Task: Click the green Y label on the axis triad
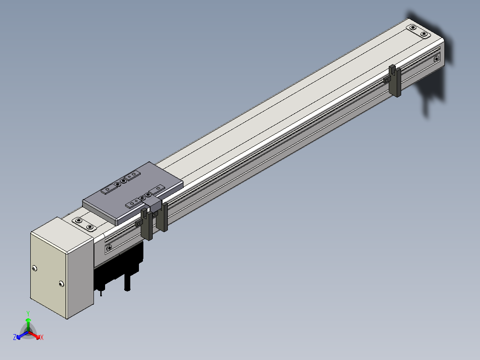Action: (x=28, y=313)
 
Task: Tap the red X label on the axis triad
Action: (x=42, y=337)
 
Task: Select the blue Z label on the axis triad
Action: (x=15, y=337)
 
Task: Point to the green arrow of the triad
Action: (x=28, y=325)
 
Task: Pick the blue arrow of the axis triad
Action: (x=22, y=335)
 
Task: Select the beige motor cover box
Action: (x=62, y=267)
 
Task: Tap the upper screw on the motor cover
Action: (x=34, y=268)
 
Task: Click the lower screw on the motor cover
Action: (x=61, y=284)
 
